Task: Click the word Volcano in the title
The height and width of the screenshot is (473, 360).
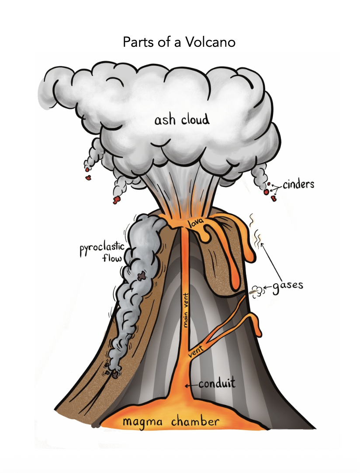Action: [210, 42]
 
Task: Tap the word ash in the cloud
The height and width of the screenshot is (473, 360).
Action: [165, 120]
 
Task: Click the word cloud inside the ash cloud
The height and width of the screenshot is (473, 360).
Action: [195, 119]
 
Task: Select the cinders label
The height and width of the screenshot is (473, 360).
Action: [298, 184]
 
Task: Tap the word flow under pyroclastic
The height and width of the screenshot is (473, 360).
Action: [112, 258]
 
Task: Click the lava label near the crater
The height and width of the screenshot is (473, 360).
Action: [196, 223]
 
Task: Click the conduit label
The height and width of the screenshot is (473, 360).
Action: [217, 384]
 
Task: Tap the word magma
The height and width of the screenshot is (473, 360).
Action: [142, 422]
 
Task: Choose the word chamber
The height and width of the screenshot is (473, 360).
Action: [195, 421]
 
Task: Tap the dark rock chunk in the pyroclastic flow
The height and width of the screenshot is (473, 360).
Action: [141, 275]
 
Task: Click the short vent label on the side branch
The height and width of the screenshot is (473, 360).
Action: [196, 352]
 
